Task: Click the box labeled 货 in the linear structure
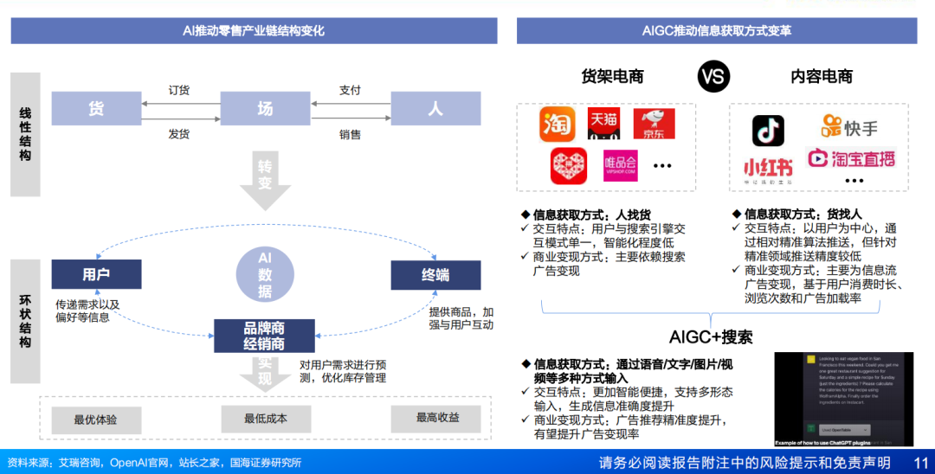[95, 108]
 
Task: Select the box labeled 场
[265, 108]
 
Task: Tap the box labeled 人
[435, 108]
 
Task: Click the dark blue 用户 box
[95, 274]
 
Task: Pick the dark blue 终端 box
[435, 275]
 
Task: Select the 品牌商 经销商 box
[264, 336]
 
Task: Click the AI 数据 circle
[264, 274]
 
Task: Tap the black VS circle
[712, 76]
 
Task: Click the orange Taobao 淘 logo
[558, 125]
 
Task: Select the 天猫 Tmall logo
[603, 125]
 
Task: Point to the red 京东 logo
[654, 125]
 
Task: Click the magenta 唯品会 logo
[620, 164]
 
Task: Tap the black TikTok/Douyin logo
[767, 130]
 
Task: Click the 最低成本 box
[265, 419]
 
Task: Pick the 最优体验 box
[95, 420]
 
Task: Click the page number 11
[921, 462]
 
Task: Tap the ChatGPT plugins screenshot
[843, 399]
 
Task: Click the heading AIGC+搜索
[711, 336]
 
